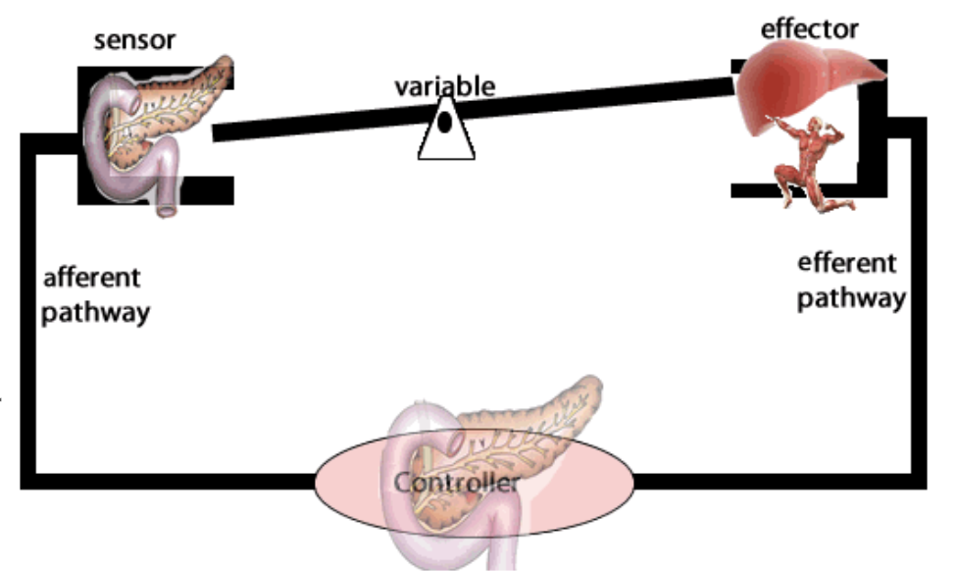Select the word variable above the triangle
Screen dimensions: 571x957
tap(444, 85)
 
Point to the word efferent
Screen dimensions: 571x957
tap(847, 263)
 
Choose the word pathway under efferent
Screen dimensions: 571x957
tap(849, 298)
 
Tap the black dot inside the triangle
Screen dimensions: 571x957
tap(444, 123)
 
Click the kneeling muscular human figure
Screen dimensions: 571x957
tap(810, 162)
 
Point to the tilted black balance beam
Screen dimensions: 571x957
tap(588, 105)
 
